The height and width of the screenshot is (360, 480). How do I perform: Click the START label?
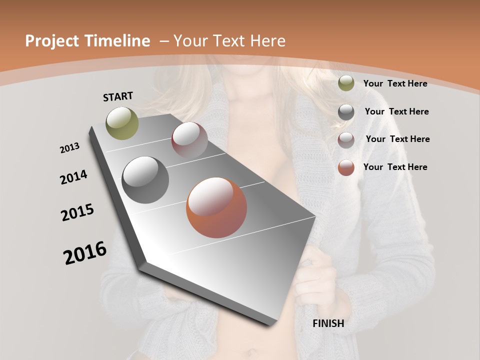(x=118, y=96)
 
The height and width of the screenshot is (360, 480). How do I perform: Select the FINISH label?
(x=328, y=323)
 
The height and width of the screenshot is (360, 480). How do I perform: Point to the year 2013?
(x=69, y=148)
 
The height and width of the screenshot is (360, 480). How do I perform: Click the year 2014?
(x=73, y=177)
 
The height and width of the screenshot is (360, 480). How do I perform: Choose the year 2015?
(x=77, y=212)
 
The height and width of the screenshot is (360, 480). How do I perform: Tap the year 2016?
(x=85, y=253)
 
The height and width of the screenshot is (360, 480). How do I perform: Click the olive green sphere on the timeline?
(x=122, y=123)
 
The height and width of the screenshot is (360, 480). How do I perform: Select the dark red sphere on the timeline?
(x=189, y=140)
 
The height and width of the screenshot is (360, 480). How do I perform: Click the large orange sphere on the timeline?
(x=216, y=207)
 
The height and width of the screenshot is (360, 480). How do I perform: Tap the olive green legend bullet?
(x=346, y=83)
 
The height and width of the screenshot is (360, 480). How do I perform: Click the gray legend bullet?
(x=346, y=112)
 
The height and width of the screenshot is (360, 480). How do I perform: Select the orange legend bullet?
(x=346, y=167)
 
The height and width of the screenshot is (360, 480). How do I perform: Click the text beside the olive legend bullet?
(x=395, y=83)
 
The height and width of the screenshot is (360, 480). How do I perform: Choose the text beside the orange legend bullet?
(x=395, y=167)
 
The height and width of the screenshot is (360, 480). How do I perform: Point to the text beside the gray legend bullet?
(x=396, y=111)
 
